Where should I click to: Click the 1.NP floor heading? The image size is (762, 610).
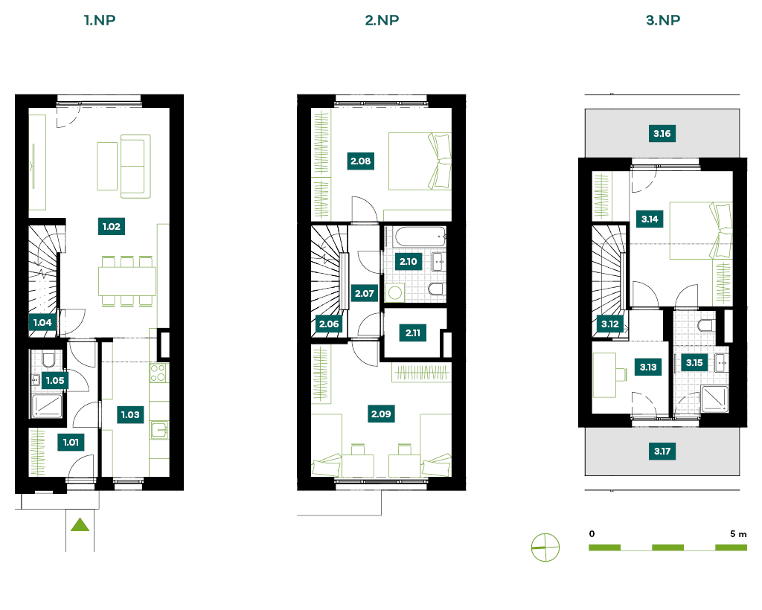[100, 20]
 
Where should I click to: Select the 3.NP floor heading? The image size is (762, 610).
[663, 20]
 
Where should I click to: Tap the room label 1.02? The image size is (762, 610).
[112, 226]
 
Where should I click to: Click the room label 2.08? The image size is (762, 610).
[361, 161]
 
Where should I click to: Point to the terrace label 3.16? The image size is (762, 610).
[662, 134]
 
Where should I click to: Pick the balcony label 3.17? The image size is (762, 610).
[662, 452]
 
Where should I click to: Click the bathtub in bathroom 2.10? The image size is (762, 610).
[420, 237]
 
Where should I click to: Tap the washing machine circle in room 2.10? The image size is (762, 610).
[395, 292]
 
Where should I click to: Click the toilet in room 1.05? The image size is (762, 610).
[48, 360]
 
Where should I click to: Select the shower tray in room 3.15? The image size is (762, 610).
[715, 399]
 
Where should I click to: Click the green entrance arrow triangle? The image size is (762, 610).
[80, 524]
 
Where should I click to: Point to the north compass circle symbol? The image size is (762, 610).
[545, 548]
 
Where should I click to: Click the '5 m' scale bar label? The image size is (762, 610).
[737, 534]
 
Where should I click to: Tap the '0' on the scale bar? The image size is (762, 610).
[592, 534]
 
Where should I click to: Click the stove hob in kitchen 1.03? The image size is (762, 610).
[159, 373]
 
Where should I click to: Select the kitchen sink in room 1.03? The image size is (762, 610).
[159, 430]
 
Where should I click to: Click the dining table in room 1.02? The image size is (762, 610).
[127, 281]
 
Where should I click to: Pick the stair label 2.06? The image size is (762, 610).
[329, 324]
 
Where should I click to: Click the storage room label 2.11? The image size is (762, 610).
[413, 333]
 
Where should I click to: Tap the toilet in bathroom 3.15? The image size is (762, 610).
[705, 325]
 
